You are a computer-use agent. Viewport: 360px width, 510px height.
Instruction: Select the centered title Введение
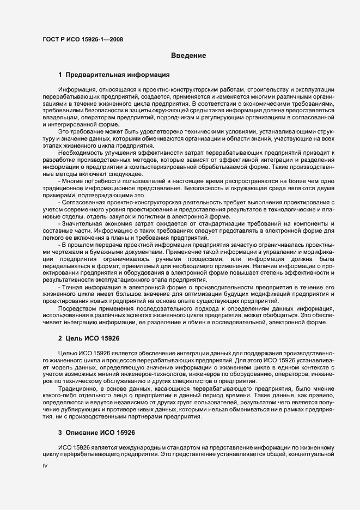[188, 55]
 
